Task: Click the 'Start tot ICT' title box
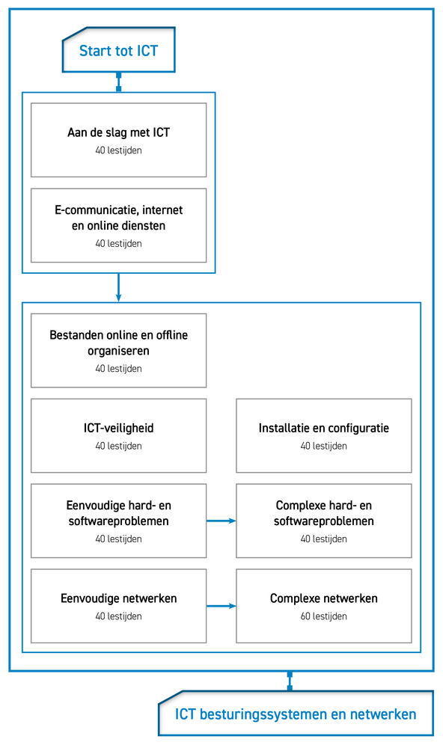118,50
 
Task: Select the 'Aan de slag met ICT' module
118,141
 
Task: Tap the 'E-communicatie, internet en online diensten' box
118,226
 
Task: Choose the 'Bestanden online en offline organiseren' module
118,351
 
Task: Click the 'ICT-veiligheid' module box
118,435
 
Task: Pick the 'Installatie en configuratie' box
324,435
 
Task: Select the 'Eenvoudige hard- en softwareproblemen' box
118,521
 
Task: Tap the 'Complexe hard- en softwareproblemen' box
324,521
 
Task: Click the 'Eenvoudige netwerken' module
118,606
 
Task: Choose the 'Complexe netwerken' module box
324,606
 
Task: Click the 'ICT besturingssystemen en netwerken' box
296,714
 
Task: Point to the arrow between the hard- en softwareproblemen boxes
221,521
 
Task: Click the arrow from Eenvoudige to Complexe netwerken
221,606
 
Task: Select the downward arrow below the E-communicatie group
118,288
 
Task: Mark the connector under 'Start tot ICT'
118,82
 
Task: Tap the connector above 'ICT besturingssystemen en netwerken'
290,681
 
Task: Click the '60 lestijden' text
324,616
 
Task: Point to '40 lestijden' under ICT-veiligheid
118,446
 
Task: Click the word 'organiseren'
118,351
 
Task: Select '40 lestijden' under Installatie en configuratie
324,446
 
